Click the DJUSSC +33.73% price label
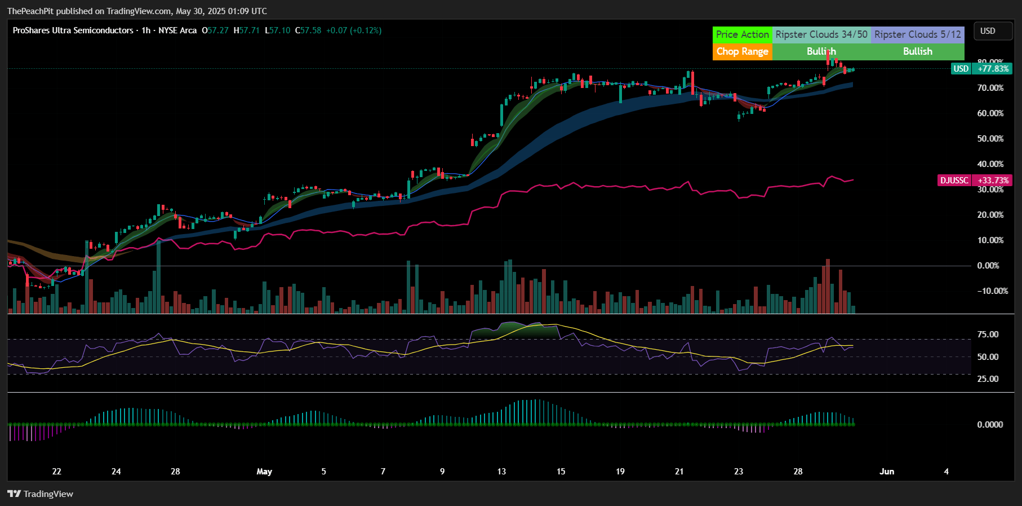pos(975,181)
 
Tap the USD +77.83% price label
pos(981,69)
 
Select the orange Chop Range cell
pos(742,51)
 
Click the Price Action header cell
pos(742,34)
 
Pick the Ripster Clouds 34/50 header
pos(821,34)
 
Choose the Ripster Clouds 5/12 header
pos(917,34)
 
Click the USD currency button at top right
pos(988,31)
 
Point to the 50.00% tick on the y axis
pos(990,139)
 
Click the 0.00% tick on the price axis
pos(988,266)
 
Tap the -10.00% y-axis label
pos(992,291)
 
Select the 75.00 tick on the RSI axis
pos(988,335)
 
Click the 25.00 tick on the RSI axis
pos(988,379)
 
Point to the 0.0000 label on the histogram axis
pos(989,425)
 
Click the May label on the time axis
pos(264,472)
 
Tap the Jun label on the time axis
pos(887,472)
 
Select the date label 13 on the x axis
pos(501,472)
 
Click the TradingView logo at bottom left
pos(40,494)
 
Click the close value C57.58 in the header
pos(308,30)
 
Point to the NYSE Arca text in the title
pos(177,30)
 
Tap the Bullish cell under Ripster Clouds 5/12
pos(917,51)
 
